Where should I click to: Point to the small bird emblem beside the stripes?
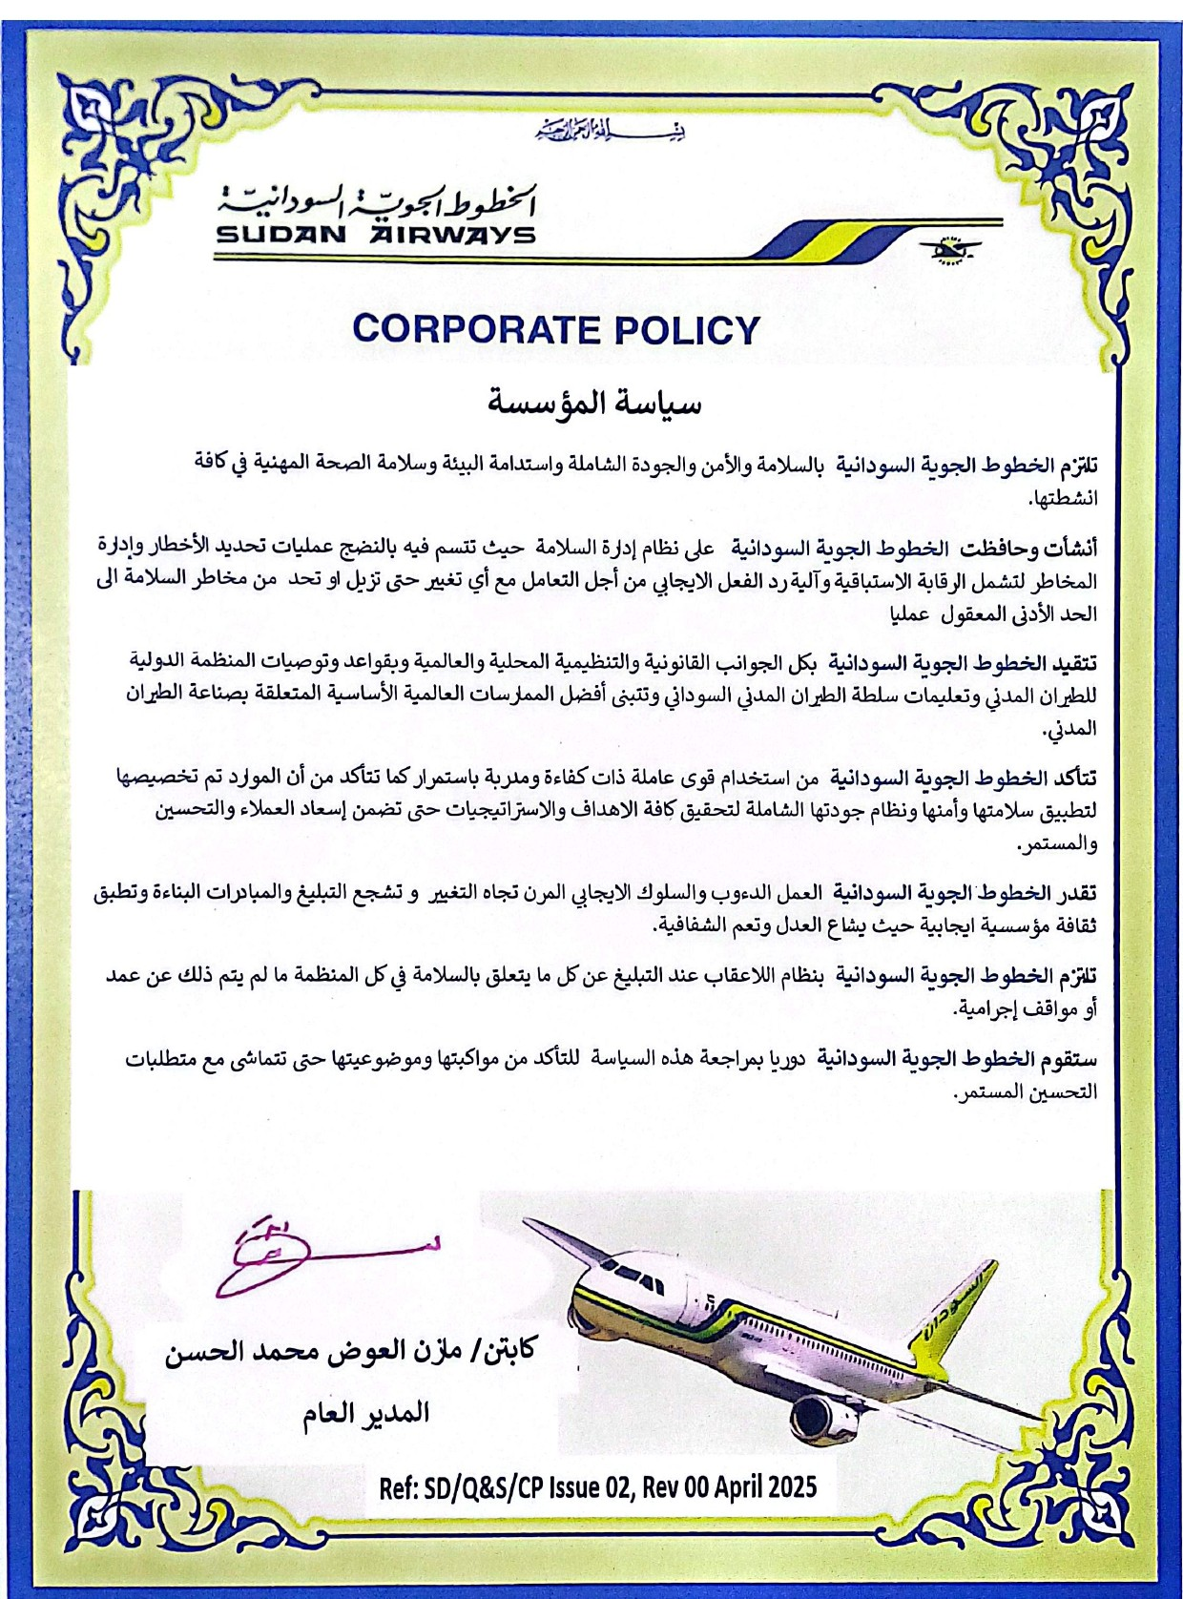point(949,250)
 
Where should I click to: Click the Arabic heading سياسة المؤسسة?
point(594,403)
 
